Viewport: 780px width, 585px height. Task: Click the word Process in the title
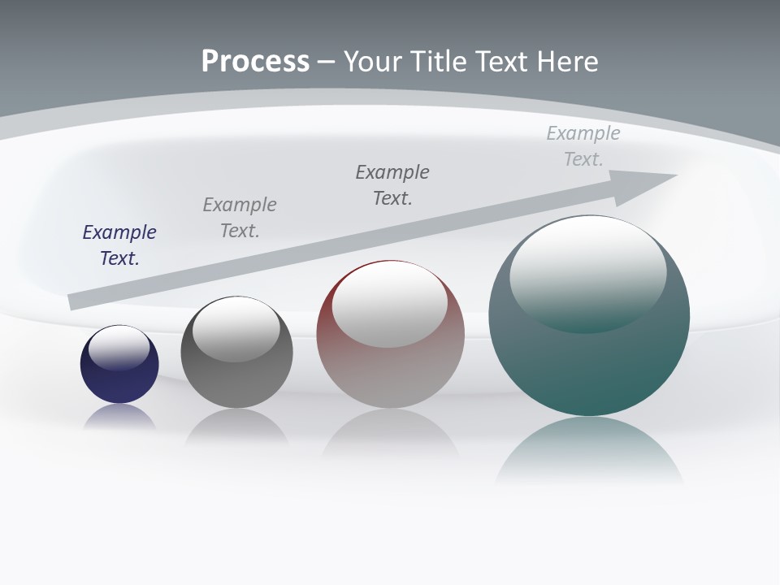pyautogui.click(x=255, y=62)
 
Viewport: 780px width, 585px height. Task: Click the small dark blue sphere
pyautogui.click(x=119, y=382)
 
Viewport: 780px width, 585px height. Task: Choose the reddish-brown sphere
pyautogui.click(x=390, y=374)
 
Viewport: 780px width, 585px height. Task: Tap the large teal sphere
pyautogui.click(x=589, y=366)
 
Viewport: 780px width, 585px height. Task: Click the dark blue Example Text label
pyautogui.click(x=119, y=245)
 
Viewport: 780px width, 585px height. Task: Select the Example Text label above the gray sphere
pyautogui.click(x=240, y=218)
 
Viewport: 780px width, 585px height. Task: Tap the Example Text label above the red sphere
pyautogui.click(x=392, y=184)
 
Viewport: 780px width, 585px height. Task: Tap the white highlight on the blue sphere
pyautogui.click(x=119, y=348)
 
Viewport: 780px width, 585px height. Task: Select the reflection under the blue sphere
pyautogui.click(x=119, y=416)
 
